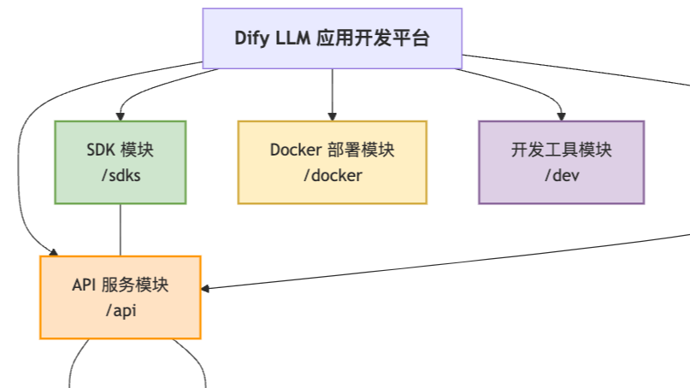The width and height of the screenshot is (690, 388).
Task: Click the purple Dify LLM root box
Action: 332,38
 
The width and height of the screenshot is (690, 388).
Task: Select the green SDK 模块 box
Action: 120,162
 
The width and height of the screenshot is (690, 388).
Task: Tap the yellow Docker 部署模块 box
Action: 332,162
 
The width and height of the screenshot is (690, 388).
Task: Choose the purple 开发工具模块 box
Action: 561,162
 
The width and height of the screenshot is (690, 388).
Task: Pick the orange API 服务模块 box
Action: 120,297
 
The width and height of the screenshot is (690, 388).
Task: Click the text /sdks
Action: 120,176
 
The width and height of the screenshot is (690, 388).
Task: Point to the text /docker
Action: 332,176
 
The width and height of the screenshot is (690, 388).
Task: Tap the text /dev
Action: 561,176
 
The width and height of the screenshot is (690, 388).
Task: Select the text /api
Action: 120,310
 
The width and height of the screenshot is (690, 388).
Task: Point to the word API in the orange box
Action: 85,284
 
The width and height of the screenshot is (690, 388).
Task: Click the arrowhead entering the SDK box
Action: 120,116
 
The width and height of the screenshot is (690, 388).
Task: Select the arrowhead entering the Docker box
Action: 332,116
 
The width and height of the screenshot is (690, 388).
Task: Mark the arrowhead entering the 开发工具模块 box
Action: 561,116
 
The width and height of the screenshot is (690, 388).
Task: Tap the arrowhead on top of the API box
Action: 53,251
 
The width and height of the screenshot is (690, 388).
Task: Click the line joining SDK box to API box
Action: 120,229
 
